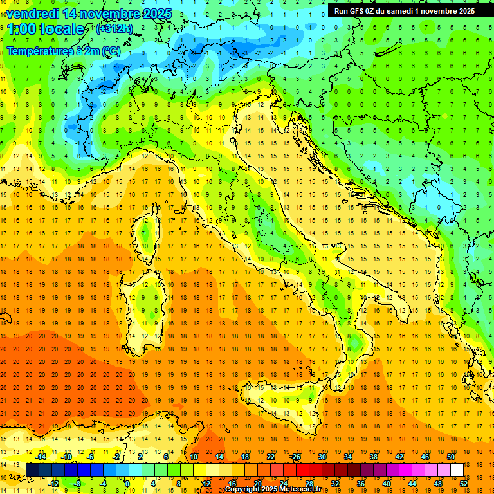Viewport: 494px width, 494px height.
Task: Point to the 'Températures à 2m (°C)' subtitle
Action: (x=63, y=50)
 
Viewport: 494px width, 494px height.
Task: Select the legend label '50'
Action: (x=450, y=457)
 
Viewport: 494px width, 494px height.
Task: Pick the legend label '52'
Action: (x=463, y=484)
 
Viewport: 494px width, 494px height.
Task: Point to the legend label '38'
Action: (x=373, y=457)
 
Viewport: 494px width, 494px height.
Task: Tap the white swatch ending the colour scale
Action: (x=457, y=470)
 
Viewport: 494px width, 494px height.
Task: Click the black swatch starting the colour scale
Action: (x=32, y=470)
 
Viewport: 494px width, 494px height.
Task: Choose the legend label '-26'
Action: (x=295, y=457)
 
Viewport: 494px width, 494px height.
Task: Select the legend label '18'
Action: (x=244, y=457)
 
